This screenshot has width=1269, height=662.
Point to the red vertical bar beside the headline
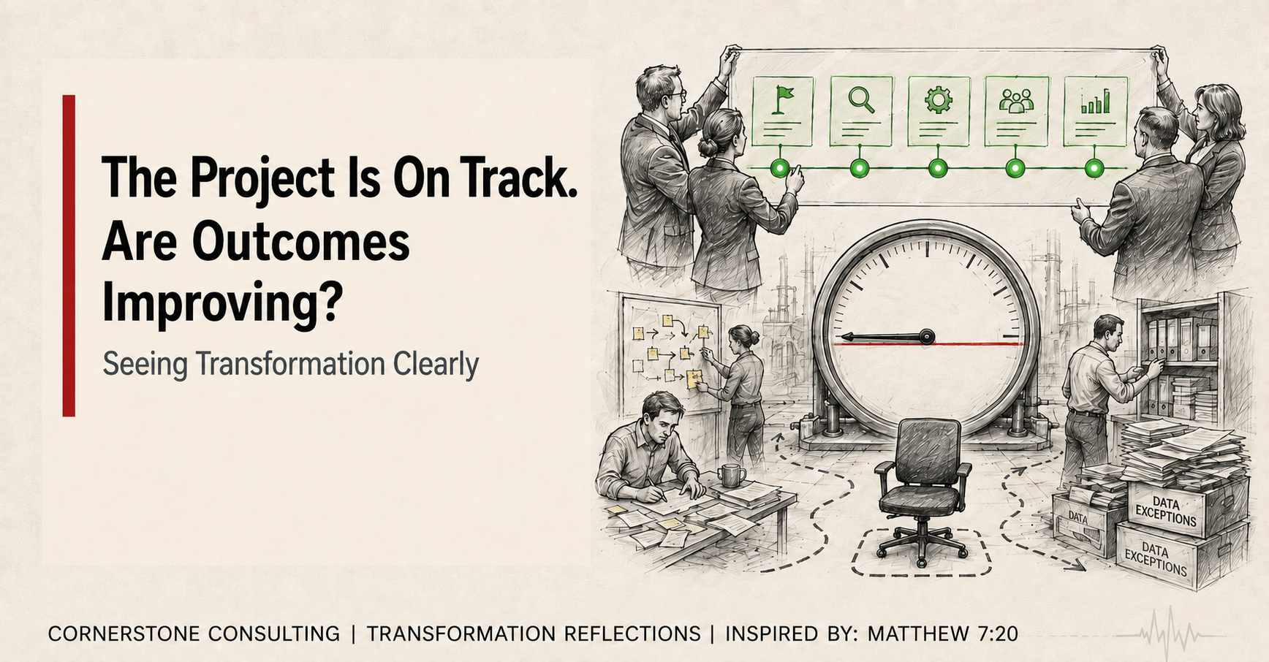tap(69, 256)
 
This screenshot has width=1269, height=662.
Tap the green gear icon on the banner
tap(939, 99)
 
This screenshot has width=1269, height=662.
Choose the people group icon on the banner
tap(1016, 101)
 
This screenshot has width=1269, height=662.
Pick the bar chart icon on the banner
tap(1095, 102)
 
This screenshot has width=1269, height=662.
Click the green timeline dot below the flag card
tap(781, 169)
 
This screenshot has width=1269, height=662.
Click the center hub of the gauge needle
tap(927, 337)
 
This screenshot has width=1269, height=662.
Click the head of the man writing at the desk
tap(662, 417)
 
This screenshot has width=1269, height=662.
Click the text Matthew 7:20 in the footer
tap(943, 634)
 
